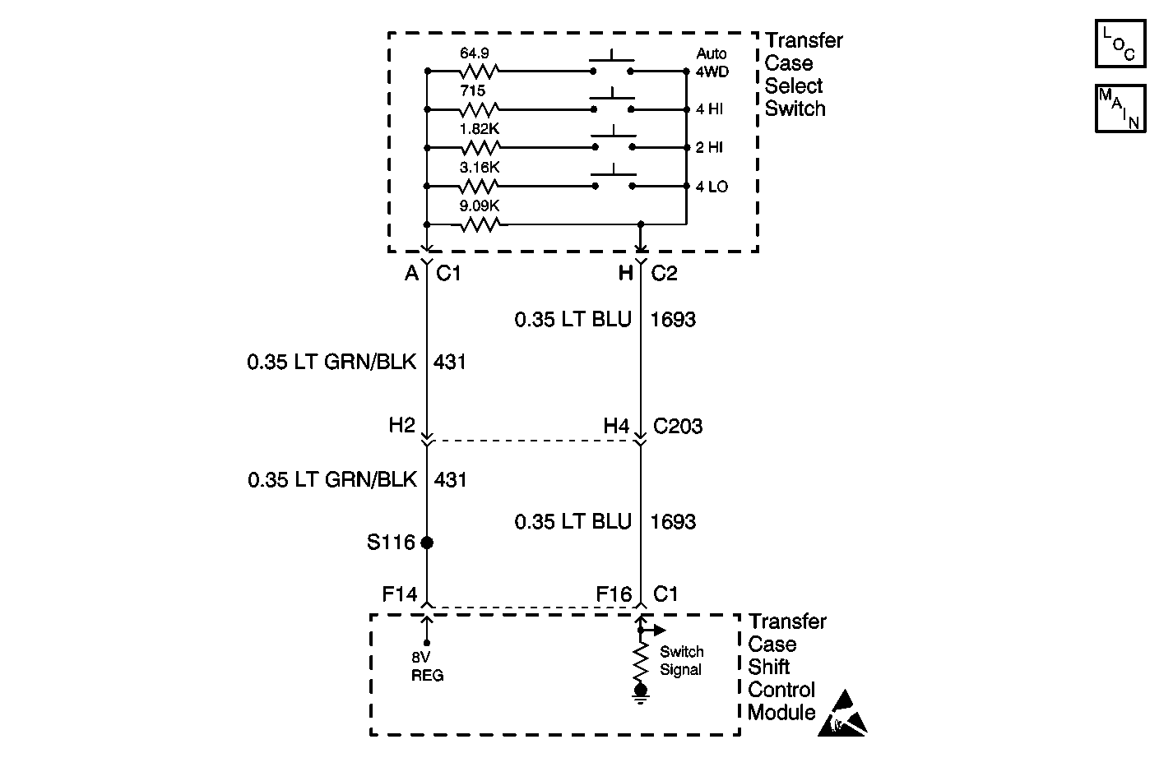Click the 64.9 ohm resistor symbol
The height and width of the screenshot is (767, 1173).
tap(478, 72)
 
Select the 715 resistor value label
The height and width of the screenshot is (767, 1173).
tap(472, 91)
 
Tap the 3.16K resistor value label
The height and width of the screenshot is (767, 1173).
tap(480, 167)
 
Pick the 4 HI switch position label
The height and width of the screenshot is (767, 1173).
tap(709, 109)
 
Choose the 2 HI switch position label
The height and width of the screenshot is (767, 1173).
tap(709, 148)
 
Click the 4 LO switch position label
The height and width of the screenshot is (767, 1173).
tap(712, 187)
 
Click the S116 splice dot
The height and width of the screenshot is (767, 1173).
tap(426, 543)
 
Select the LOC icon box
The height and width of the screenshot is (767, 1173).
tap(1120, 44)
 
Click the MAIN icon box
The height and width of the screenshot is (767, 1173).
tap(1120, 108)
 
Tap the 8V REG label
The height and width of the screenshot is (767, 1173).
tap(427, 666)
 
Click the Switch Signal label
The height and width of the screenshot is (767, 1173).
tap(681, 660)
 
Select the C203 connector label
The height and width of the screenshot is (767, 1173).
tap(678, 426)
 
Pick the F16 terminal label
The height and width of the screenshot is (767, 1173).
tap(614, 594)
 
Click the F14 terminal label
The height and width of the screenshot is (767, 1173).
tap(400, 594)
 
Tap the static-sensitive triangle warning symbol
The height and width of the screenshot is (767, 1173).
tap(844, 714)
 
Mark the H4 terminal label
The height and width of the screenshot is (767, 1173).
tap(616, 426)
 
